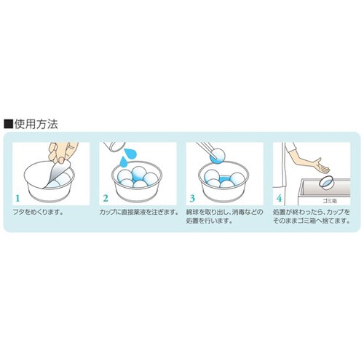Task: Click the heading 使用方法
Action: point(36,124)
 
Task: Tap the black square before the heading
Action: point(8,124)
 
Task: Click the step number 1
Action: point(17,199)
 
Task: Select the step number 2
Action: point(105,199)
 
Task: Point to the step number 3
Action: point(192,199)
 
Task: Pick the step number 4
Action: point(279,199)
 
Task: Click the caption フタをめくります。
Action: point(39,213)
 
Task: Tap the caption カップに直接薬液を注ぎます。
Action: point(139,213)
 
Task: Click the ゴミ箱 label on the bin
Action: point(330,201)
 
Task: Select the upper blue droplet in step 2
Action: point(130,154)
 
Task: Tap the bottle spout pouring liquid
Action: point(114,146)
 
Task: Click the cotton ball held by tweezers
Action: point(217,155)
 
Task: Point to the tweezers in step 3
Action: point(205,149)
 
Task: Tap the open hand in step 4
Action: point(321,166)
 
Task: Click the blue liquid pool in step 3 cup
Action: point(223,179)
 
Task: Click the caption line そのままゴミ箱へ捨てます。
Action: point(312,221)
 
